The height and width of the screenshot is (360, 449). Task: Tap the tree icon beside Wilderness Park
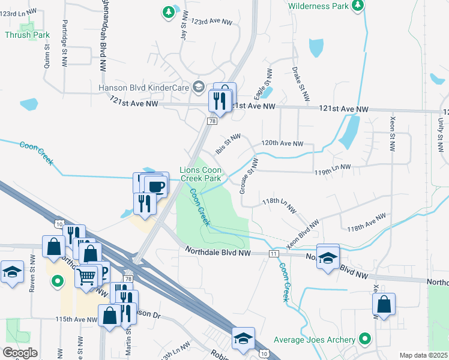point(358,5)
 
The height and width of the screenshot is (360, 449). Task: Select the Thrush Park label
point(27,35)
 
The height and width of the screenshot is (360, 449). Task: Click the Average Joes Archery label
point(315,340)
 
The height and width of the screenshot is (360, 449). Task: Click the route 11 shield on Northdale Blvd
point(274,254)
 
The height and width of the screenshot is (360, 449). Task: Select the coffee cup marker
point(156,186)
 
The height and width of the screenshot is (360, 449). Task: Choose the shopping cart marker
point(86,276)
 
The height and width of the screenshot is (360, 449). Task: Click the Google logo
point(19,353)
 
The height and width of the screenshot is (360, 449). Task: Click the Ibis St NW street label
point(228,144)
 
